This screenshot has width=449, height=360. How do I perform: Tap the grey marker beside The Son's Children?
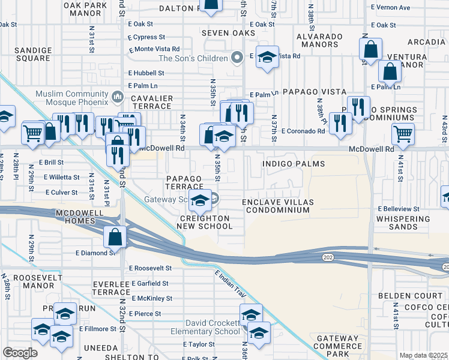click(238, 58)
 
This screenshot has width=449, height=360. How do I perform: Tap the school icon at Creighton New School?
click(200, 202)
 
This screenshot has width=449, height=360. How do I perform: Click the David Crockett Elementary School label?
click(203, 327)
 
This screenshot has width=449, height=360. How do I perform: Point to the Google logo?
click(20, 353)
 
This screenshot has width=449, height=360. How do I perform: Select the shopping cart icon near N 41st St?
click(403, 134)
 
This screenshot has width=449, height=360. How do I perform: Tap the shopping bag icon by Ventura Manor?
click(390, 73)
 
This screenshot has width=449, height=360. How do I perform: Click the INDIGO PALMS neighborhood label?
click(294, 164)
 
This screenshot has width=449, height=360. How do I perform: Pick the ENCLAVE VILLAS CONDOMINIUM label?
click(276, 206)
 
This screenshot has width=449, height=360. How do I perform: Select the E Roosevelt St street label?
click(150, 268)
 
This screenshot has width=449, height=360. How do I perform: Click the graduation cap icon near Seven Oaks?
click(267, 58)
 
